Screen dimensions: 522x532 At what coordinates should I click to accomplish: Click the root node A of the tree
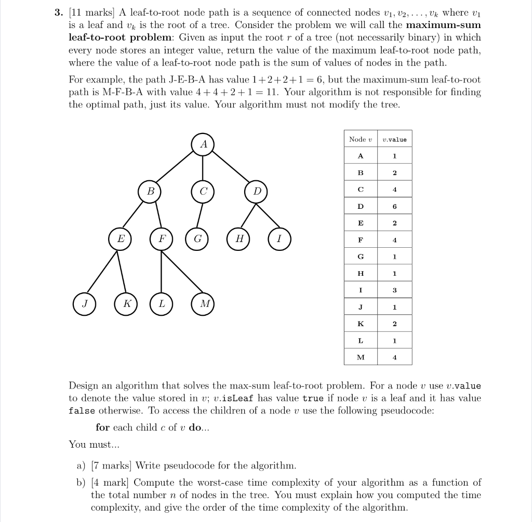coord(203,144)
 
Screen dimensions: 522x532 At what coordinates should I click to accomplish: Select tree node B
coord(150,191)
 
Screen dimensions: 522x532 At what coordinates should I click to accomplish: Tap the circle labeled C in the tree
coord(203,191)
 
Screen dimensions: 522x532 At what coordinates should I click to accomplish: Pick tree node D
coord(256,191)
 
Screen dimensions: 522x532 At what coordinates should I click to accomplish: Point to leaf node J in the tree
coord(84,304)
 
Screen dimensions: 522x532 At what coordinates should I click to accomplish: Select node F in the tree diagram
coord(161,239)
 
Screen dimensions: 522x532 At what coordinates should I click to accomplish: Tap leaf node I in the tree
coord(279,239)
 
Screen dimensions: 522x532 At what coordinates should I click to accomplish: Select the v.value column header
coord(394,139)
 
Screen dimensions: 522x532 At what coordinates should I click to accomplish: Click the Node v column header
coord(361,139)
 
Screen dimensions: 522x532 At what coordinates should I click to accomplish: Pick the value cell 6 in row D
coord(394,206)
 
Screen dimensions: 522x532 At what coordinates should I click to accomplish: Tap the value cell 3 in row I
coord(394,290)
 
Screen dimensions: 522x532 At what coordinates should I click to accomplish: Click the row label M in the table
coord(361,357)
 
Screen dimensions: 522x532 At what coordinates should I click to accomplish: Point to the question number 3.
coord(58,12)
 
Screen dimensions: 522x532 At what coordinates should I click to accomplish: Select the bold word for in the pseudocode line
coord(102,427)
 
